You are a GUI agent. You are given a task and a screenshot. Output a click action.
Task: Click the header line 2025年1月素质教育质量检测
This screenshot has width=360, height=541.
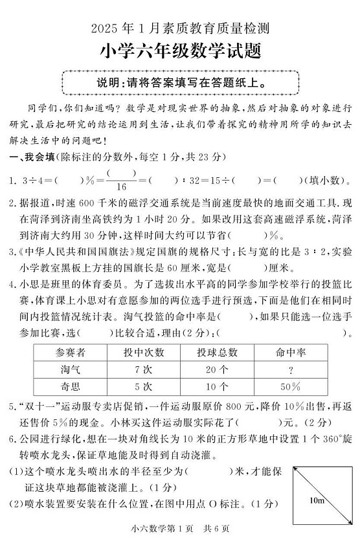(x=180, y=28)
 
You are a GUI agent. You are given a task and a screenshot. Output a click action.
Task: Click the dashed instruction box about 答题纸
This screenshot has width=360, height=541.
(x=180, y=83)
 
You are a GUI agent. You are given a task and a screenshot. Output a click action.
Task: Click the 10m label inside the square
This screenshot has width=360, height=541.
(x=317, y=500)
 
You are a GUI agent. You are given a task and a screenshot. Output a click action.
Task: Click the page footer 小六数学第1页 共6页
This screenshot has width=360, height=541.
(x=180, y=528)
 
